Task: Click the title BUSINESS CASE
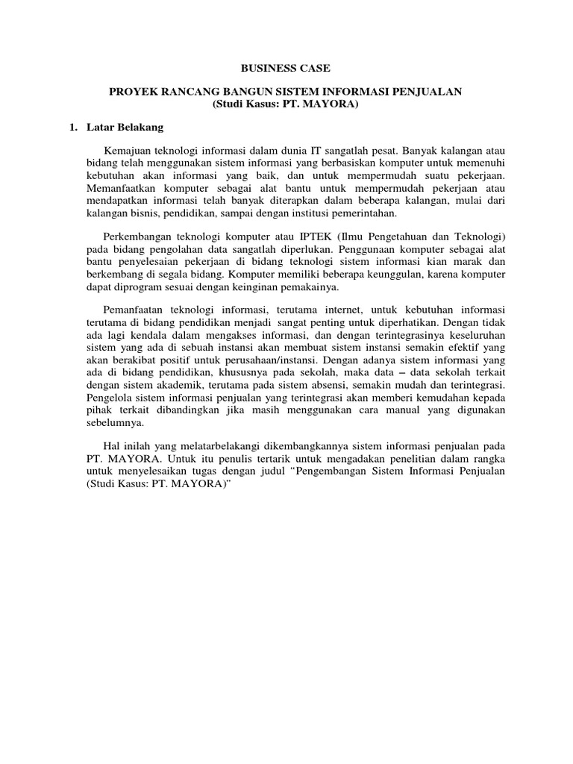[x=286, y=68]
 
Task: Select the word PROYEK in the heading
[x=130, y=91]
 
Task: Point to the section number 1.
[x=73, y=127]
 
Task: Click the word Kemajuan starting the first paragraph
[x=129, y=149]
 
